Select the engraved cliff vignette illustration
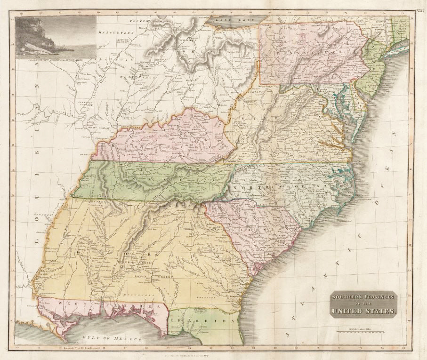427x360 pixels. [56, 37]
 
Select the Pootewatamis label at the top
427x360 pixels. [152, 22]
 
